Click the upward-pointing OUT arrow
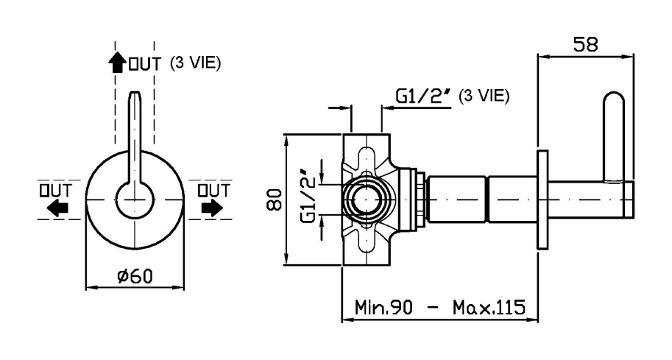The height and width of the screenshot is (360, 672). point(116,63)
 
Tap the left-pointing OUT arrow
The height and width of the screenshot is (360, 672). point(57,209)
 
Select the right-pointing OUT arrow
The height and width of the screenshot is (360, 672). point(212,208)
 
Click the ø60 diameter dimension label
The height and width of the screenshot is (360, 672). point(135,276)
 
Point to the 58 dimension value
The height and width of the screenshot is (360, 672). point(585,44)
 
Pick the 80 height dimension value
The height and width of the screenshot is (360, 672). point(275,199)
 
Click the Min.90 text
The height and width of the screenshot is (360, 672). point(383,307)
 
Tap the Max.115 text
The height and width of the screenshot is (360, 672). point(489,307)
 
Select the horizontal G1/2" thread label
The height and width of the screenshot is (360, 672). point(423,97)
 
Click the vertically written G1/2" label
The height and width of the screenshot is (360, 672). point(309,197)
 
